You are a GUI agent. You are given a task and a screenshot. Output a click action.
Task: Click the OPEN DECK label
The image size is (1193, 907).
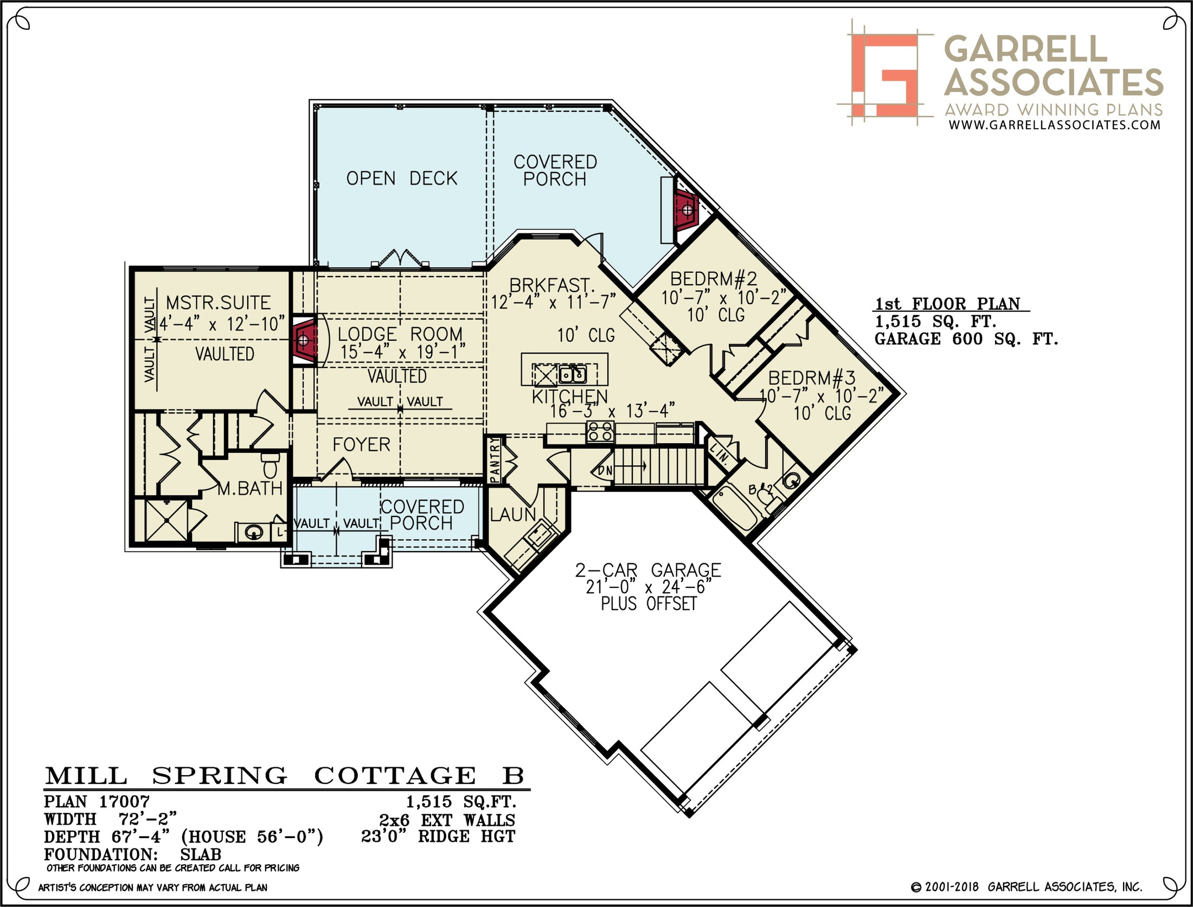tap(402, 178)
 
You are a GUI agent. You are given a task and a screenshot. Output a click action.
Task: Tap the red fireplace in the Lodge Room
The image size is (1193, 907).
tap(304, 340)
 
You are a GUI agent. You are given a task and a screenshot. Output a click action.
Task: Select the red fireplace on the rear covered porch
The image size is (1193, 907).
tap(687, 209)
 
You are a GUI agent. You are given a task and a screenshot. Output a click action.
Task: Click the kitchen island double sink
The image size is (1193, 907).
tap(573, 374)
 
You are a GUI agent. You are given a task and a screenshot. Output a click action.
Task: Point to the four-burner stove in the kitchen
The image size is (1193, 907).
tap(600, 432)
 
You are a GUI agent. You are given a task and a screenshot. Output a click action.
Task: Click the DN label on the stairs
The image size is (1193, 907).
tap(605, 470)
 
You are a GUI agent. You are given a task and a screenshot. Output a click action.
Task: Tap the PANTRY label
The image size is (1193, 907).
tap(494, 460)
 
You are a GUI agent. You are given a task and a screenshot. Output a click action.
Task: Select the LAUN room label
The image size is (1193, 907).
tap(512, 514)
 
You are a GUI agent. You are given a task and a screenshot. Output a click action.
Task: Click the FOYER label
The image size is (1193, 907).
tap(361, 445)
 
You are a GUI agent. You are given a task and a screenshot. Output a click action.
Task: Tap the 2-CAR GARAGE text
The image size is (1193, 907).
tap(648, 570)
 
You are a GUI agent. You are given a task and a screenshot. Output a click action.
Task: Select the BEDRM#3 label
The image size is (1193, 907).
tap(811, 378)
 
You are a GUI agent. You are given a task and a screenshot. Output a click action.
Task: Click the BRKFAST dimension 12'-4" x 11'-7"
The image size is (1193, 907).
tap(554, 302)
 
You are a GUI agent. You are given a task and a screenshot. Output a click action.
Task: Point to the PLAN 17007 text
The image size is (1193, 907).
tap(97, 801)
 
